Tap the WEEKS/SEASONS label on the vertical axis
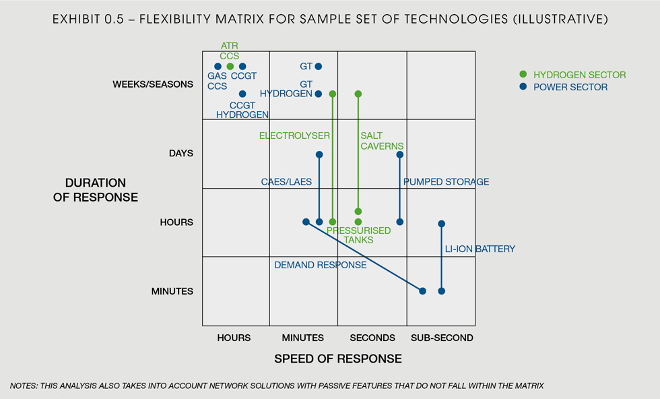(x=143, y=84)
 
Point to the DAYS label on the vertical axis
(x=180, y=153)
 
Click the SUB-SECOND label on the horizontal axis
(x=442, y=338)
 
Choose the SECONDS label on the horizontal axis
(x=372, y=338)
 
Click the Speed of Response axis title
(x=338, y=359)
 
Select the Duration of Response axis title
(x=101, y=190)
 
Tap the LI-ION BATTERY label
(x=480, y=249)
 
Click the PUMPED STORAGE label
(x=446, y=182)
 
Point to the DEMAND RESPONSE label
(x=320, y=265)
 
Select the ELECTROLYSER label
(x=294, y=135)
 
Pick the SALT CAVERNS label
(x=382, y=141)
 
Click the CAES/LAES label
(x=286, y=182)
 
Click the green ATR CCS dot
(x=230, y=66)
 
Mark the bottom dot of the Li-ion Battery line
(x=442, y=291)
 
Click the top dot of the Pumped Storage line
(x=400, y=154)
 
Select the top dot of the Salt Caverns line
(x=358, y=94)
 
